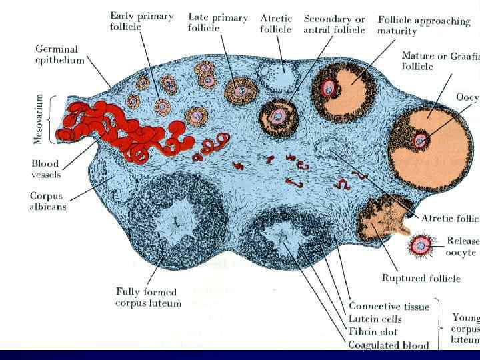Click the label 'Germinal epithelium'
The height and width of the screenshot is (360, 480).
57,55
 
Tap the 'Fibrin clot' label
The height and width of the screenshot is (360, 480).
373,331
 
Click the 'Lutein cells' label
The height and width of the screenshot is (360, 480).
375,319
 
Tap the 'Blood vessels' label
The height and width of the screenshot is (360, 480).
45,169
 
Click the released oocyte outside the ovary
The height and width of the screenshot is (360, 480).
421,245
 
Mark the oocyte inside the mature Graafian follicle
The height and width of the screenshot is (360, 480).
420,140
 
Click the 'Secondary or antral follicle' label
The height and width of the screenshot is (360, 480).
334,24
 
